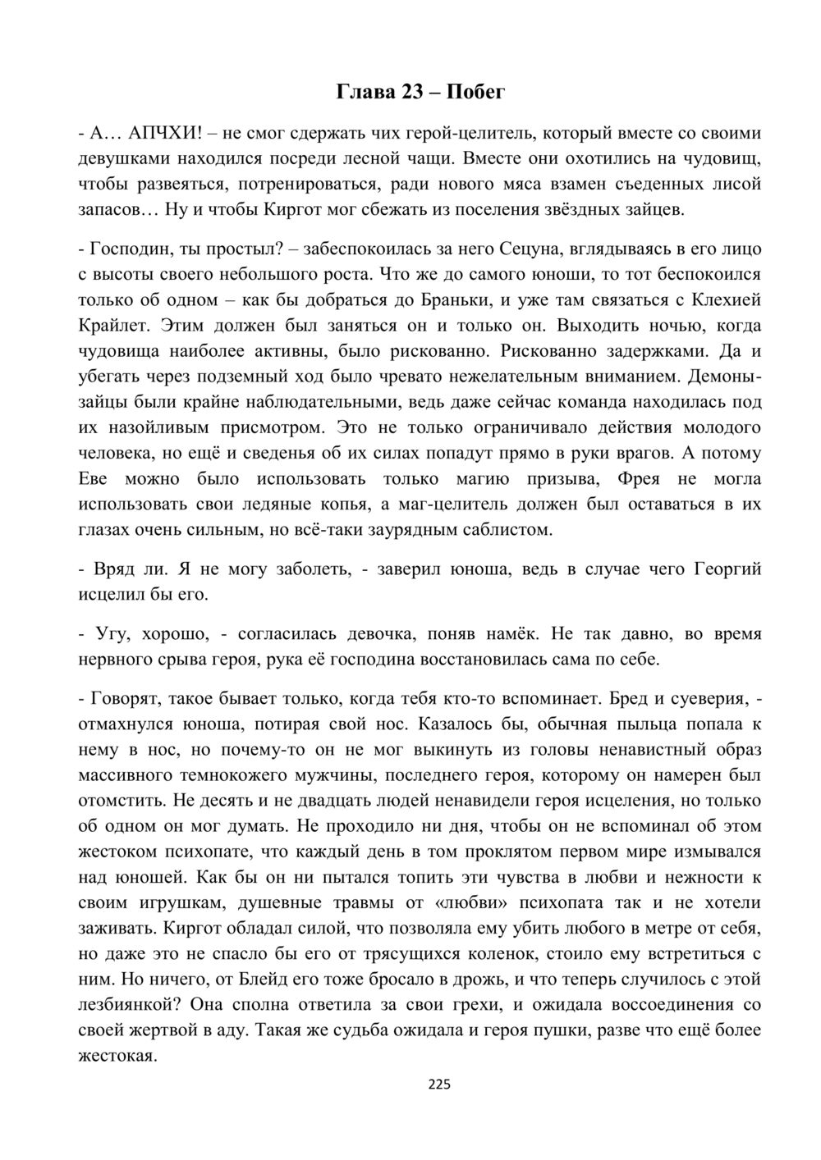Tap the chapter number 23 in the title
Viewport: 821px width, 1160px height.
pyautogui.click(x=405, y=92)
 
